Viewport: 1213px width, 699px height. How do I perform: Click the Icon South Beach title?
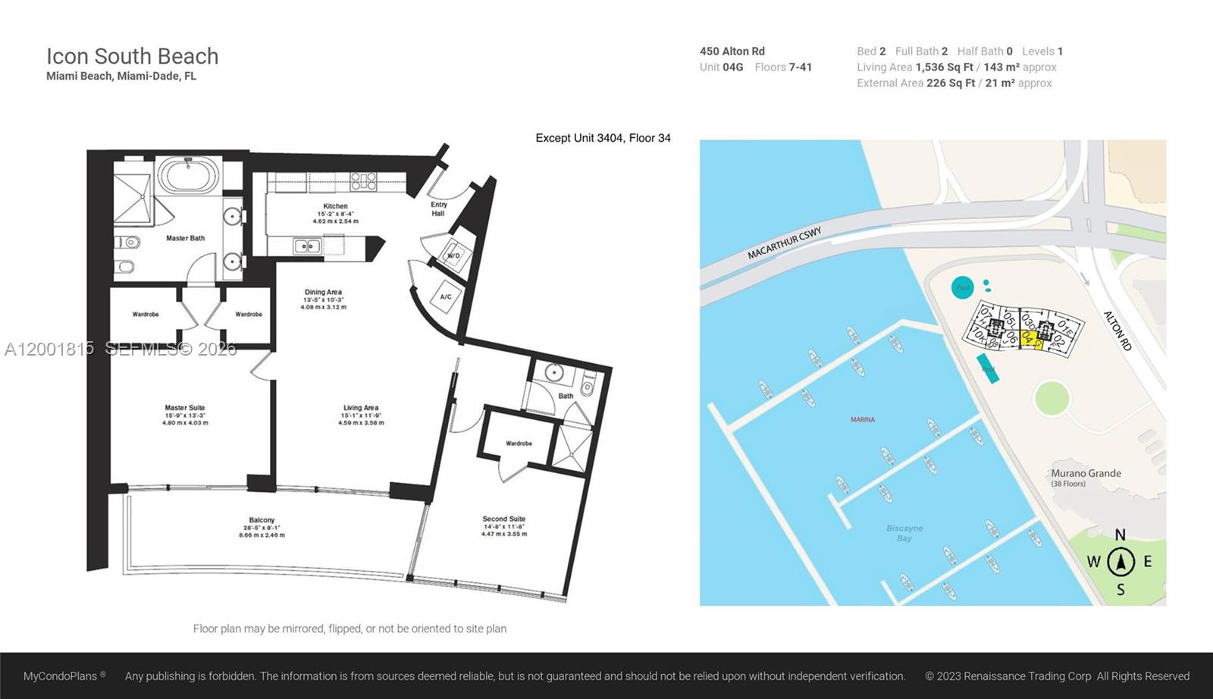coord(132,56)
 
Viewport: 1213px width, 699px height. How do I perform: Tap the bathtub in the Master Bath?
coord(189,176)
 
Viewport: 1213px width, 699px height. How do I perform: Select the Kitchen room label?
coord(335,206)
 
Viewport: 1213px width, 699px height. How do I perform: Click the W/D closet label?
coord(453,255)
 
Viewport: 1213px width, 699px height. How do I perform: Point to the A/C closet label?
coord(446,296)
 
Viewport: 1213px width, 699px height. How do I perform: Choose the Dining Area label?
coord(323,292)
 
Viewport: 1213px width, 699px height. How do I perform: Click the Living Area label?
coord(361,408)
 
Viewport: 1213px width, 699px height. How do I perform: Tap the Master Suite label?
coord(185,408)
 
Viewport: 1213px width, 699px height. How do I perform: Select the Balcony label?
coord(262,520)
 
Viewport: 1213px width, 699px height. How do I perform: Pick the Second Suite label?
coord(503,519)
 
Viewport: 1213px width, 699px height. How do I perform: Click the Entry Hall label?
coord(438,208)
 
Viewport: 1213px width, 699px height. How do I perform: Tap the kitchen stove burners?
coord(363,180)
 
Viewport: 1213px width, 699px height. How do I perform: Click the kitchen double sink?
coord(306,246)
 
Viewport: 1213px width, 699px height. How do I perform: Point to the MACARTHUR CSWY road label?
coord(784,243)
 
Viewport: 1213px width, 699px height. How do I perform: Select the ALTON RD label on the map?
coord(1117,331)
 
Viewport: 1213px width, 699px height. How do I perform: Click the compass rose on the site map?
coord(1121,563)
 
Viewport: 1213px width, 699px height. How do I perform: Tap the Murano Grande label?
coord(1086,473)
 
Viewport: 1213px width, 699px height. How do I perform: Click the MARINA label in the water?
coord(862,419)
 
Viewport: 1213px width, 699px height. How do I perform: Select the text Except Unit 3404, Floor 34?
coord(603,138)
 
